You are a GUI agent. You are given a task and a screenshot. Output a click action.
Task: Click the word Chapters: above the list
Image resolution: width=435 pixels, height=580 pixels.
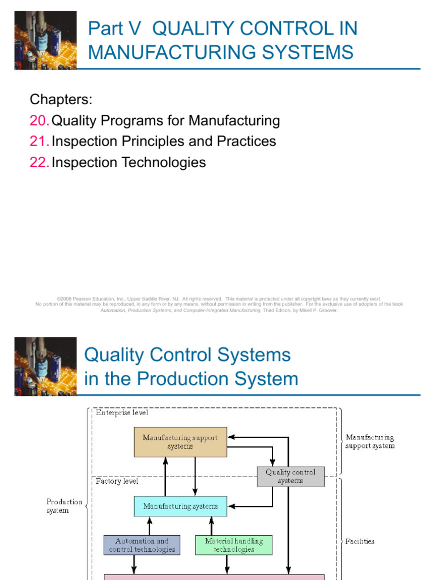coord(61,100)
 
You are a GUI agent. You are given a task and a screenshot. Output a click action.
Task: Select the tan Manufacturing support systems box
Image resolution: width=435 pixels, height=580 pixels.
coord(180,442)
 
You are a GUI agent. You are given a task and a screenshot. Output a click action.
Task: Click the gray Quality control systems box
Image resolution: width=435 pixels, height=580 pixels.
coord(291,476)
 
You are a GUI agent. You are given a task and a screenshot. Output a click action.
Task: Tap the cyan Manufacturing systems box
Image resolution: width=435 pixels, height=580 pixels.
coord(180,506)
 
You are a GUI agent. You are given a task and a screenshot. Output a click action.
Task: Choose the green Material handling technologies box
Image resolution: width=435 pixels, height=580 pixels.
coord(233,545)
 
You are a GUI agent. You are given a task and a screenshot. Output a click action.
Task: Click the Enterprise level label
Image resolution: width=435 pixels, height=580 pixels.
coord(122,413)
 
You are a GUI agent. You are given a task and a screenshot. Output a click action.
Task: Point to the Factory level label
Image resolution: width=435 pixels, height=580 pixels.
coord(117,481)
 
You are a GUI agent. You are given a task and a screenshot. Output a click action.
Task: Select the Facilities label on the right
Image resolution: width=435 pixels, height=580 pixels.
coord(360,541)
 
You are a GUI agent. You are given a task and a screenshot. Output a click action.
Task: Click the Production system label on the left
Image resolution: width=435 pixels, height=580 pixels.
coord(64,506)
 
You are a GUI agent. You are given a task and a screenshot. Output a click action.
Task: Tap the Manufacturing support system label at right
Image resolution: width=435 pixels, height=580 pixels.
coord(370,441)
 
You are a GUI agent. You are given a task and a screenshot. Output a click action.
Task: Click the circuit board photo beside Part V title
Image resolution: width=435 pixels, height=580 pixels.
coord(45,40)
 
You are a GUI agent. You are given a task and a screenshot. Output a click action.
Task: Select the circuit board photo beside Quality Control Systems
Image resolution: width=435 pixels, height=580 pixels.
coord(45,366)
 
